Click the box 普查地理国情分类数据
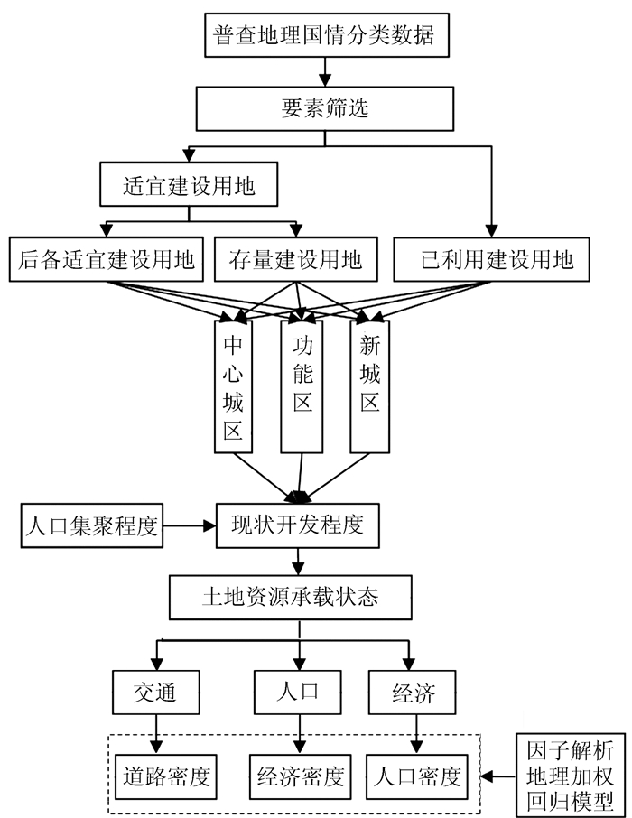tap(324, 36)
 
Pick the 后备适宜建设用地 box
tap(107, 260)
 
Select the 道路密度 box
tap(167, 775)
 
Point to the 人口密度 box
tap(417, 775)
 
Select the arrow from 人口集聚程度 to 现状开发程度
tap(189, 525)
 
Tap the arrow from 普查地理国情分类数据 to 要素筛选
tap(324, 70)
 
